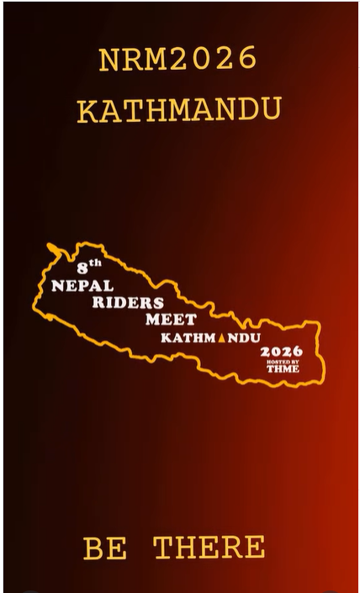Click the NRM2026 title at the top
pos(177,60)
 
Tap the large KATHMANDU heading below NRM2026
pos(178,110)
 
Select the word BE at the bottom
pos(106,548)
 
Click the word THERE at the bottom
pos(209,548)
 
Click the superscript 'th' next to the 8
pos(96,263)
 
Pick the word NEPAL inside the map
pos(82,286)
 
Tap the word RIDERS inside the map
pos(128,303)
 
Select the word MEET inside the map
pos(171,320)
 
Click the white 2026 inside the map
pos(281,351)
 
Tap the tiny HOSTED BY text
pos(282,361)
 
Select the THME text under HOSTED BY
pos(282,368)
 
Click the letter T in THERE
pos(164,548)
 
